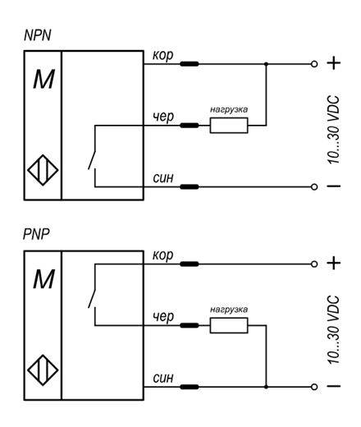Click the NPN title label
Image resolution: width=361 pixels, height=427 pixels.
coord(38,35)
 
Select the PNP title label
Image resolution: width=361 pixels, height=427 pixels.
coord(36,234)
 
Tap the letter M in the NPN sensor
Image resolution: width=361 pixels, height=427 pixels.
coord(43,80)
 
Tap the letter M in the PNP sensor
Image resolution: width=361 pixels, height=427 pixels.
coord(43,279)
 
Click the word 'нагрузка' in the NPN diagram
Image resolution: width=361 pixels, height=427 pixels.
coord(229,109)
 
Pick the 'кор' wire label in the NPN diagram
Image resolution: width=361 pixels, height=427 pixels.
coord(162,56)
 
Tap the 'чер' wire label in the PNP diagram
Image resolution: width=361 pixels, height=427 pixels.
coord(163,317)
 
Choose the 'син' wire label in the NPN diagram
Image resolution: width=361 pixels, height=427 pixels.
coord(163,178)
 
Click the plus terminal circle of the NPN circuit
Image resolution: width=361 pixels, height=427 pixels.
coord(314,64)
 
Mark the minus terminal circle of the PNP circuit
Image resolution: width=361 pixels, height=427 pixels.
coord(314,387)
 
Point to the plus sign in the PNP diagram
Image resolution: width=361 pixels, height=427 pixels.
coord(334,264)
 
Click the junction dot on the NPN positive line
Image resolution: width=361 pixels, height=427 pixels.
coord(266,64)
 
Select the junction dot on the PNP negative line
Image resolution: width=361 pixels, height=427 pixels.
coord(266,387)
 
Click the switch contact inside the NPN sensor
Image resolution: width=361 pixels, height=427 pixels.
coord(92,160)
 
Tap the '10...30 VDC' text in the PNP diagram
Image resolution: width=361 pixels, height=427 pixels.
coord(333,329)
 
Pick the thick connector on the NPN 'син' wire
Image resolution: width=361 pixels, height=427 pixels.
coord(190,187)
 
